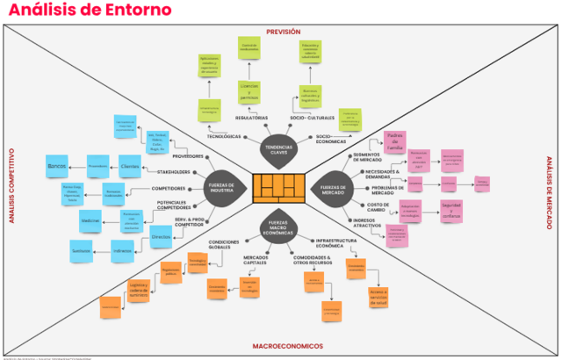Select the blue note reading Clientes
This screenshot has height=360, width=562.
129,165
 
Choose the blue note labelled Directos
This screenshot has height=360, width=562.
161,237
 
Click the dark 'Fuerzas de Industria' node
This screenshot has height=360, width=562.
220,186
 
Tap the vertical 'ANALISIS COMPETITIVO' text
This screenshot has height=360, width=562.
12,185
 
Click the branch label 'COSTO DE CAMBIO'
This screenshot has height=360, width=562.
367,207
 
